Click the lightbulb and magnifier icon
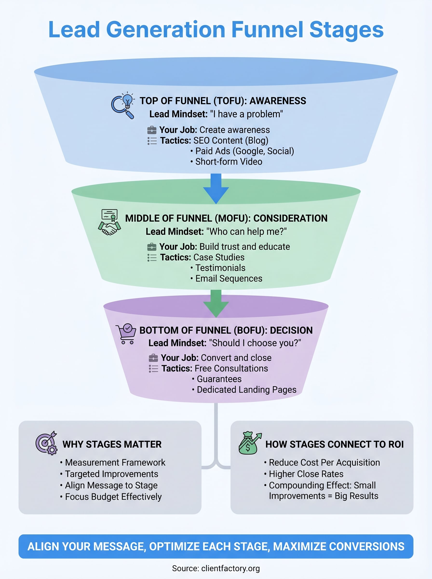tap(123, 105)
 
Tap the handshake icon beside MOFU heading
tap(109, 222)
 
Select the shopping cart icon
tap(126, 334)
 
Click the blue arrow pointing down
tap(216, 188)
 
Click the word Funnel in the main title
tap(267, 30)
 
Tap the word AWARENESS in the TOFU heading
tap(278, 101)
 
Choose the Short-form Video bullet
tap(229, 162)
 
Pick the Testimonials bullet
tap(220, 268)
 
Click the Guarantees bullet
tap(219, 379)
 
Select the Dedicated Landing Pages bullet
tap(246, 390)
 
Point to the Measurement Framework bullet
tap(115, 462)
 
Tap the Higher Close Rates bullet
tap(306, 474)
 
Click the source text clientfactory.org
tap(230, 568)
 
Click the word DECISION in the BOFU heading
tap(291, 331)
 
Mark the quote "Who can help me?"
tap(246, 232)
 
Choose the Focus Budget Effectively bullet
tap(113, 496)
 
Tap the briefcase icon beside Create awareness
tap(152, 130)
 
